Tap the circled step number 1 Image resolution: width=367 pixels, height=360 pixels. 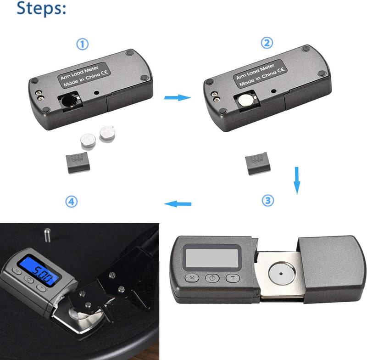click(82, 44)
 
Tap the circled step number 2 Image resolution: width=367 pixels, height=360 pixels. click(267, 43)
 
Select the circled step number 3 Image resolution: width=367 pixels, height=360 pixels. click(268, 201)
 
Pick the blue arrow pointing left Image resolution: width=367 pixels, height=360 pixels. click(178, 203)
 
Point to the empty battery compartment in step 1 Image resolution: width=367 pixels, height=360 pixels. click(71, 101)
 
